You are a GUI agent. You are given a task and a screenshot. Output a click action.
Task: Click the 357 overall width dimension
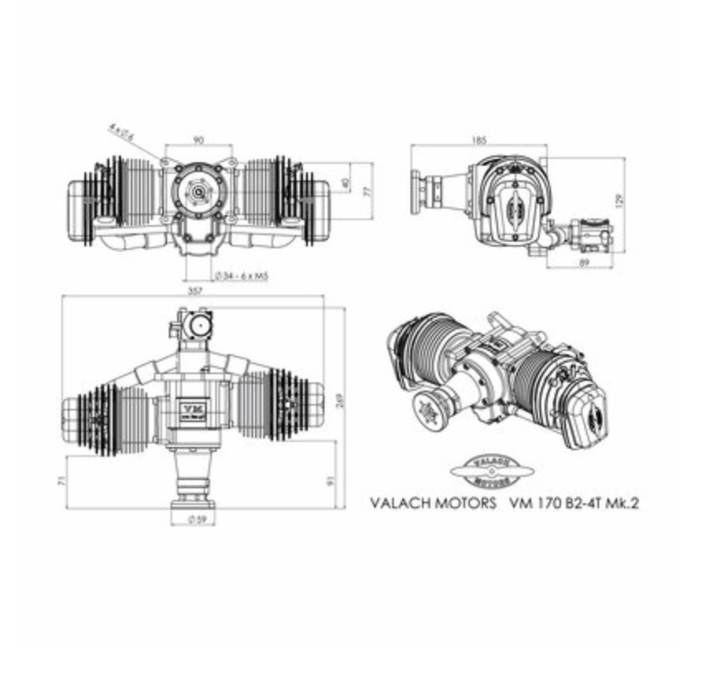coord(195,291)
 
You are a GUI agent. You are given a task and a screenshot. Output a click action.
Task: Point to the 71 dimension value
coord(62,480)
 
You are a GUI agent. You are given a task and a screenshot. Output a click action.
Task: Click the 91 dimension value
coord(331,479)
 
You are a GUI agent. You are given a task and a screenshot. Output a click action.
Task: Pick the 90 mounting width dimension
coord(198,139)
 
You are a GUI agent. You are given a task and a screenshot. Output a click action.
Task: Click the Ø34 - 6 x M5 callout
coord(238,275)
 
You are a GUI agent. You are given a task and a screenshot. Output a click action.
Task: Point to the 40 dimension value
coord(345,182)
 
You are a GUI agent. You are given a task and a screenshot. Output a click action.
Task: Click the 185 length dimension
coord(479,139)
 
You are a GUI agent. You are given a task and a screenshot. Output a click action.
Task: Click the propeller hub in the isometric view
coord(430,411)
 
